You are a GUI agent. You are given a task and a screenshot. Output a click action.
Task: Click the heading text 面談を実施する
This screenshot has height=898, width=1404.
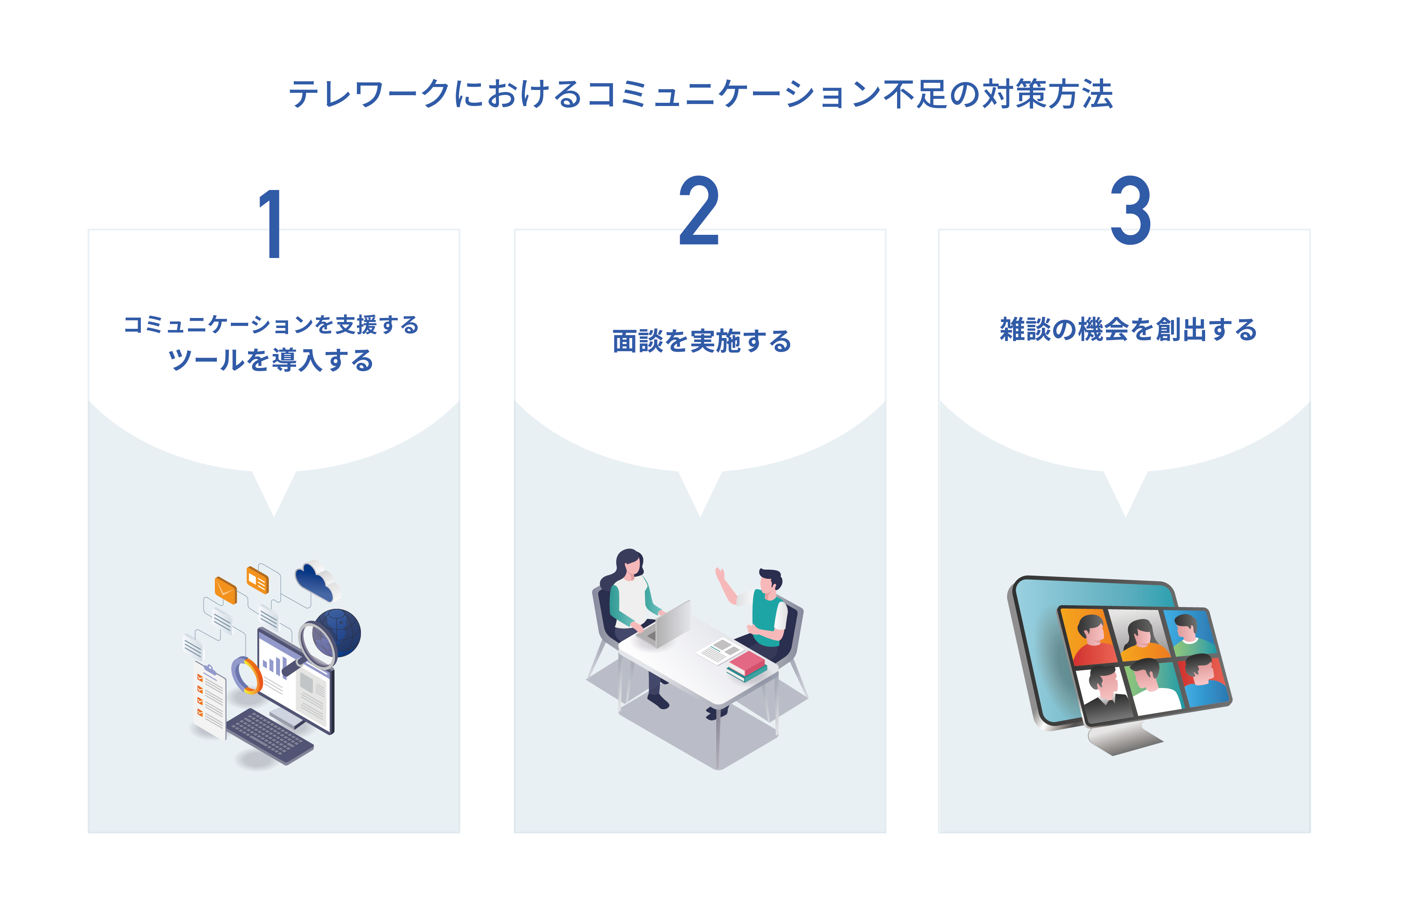click(x=702, y=341)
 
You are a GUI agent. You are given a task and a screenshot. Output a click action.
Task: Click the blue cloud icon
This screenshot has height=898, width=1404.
click(x=317, y=581)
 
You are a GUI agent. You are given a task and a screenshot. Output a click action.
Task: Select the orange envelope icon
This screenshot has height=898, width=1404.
click(x=225, y=590)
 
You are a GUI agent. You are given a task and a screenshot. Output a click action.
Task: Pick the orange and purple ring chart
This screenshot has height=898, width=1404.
click(x=247, y=675)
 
